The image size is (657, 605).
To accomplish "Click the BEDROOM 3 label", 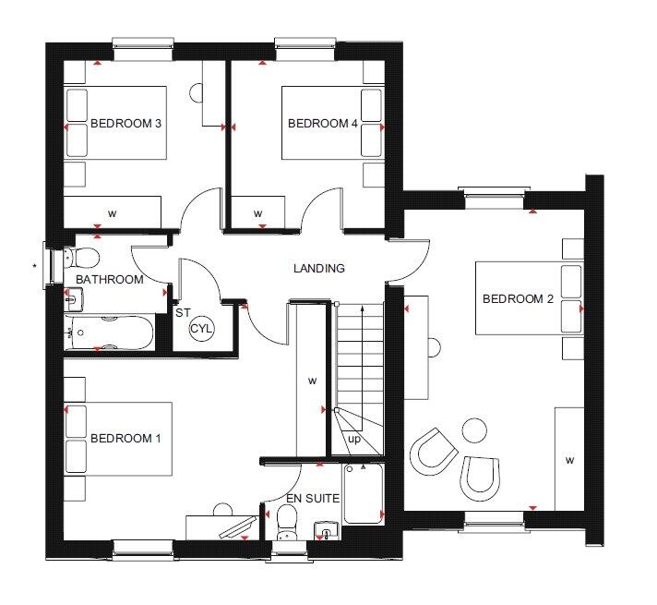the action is [125, 124].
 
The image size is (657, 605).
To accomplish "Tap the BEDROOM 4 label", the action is [323, 124].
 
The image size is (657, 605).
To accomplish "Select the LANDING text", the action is [319, 268].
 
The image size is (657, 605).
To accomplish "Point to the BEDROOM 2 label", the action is [518, 298].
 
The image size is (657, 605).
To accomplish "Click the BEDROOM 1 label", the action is [125, 439].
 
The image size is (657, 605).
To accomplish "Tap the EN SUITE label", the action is [313, 499].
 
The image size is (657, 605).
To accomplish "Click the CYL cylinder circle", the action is [201, 328].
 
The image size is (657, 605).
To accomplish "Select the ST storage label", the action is [183, 312].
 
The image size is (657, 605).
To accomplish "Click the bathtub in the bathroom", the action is [109, 333].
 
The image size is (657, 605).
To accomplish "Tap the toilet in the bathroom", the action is [82, 257].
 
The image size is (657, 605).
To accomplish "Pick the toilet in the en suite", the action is [287, 522].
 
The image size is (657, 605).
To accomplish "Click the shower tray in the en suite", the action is [364, 493].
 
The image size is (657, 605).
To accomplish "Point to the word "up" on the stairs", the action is [354, 440].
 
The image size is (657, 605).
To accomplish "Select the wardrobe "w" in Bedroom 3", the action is [112, 213].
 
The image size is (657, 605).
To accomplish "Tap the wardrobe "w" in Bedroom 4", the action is [258, 213].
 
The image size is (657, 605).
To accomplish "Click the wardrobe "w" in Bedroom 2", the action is [569, 460].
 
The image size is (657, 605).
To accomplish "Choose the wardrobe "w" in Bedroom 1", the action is [312, 381].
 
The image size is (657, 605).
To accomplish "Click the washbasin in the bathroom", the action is [74, 299].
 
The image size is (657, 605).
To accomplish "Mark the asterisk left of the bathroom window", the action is [34, 266].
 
